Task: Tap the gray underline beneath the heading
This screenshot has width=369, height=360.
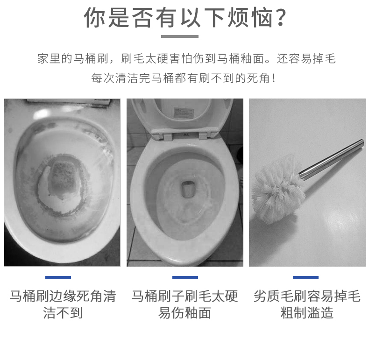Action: tap(180, 36)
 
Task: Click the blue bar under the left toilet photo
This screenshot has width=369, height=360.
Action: tap(58, 278)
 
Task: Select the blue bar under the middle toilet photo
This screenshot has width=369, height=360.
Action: tap(185, 278)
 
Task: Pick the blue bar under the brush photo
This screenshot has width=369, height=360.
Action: tap(305, 278)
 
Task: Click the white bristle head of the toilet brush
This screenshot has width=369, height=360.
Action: tap(278, 190)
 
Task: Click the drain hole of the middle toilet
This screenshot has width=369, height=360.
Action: tap(188, 189)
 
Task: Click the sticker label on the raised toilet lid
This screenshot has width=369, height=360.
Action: tap(184, 113)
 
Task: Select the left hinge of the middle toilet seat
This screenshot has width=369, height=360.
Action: tap(167, 136)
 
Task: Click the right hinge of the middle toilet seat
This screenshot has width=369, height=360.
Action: tap(203, 136)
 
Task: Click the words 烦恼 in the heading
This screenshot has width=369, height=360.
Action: tap(250, 17)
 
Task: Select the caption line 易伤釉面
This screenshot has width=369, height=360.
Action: tap(184, 313)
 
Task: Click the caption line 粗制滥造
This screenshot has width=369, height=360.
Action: tap(307, 313)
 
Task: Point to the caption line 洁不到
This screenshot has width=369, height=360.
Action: tap(63, 313)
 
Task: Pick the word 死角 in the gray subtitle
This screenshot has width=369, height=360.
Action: tap(258, 78)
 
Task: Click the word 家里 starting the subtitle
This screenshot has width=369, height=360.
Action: tap(49, 58)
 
